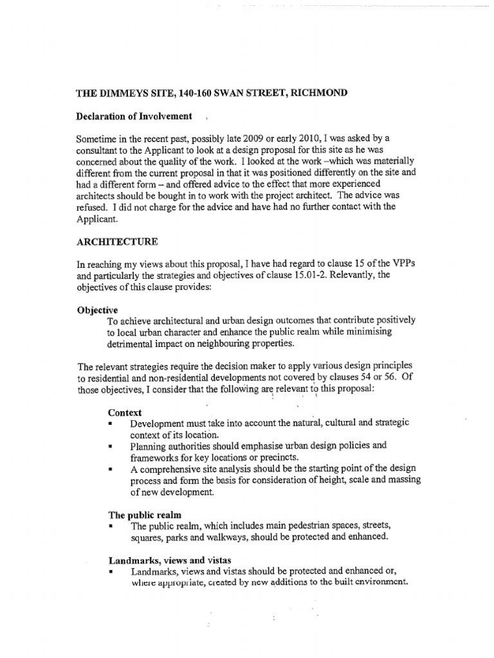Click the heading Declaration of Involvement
pos(134,116)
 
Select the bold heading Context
pos(124,413)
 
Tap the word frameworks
pos(156,458)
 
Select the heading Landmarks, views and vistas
pos(169,560)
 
